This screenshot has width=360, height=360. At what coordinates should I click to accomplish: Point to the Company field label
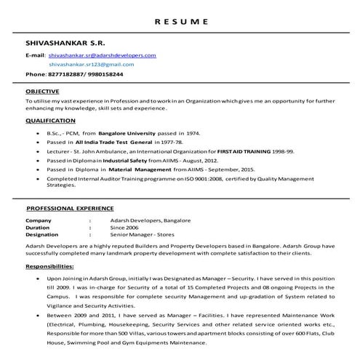click(x=39, y=220)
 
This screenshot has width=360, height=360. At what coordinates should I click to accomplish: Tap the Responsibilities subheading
click(x=52, y=266)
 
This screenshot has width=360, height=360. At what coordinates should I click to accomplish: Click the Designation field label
click(x=42, y=234)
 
